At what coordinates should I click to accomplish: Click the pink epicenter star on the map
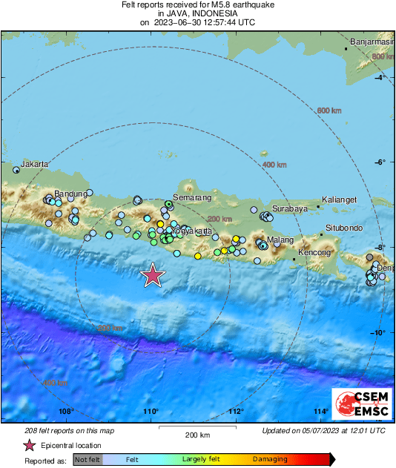point(153,275)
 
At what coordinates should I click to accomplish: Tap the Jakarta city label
point(35,164)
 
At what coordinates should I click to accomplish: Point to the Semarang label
point(188,199)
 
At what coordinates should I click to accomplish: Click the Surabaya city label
point(289,209)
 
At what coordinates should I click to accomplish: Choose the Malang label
point(280,240)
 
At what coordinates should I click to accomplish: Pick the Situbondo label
point(343,227)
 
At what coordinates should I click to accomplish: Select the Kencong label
point(313,253)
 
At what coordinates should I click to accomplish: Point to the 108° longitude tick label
point(66,412)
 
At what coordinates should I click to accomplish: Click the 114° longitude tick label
point(321,412)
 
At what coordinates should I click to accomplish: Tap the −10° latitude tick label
point(382,332)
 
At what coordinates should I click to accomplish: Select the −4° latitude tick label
point(382,77)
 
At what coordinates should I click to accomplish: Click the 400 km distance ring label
point(274,164)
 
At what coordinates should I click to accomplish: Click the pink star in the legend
point(29,445)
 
